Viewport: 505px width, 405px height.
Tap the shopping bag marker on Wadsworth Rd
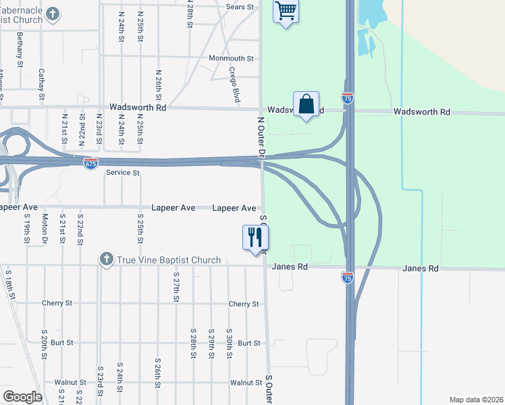coord(307,105)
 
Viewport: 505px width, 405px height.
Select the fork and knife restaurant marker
coord(255,238)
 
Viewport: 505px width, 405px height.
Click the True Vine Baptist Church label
coord(169,260)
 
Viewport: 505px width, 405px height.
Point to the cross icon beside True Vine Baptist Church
coord(106,259)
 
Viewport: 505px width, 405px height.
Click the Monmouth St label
coord(231,59)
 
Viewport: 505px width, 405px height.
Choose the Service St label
coord(122,173)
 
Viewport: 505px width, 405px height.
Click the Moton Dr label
coord(45,229)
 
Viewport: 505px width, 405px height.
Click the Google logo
coord(23,396)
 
